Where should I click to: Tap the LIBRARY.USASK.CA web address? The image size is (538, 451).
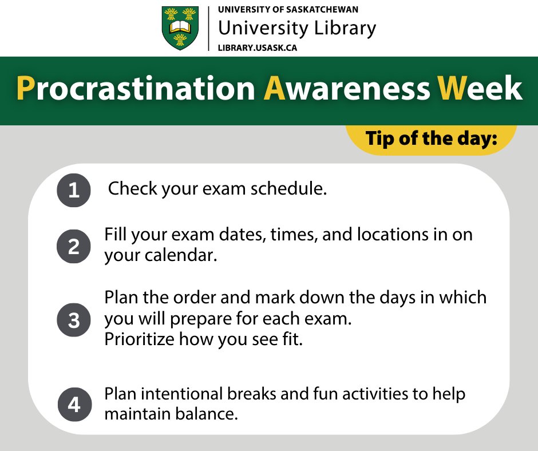[x=257, y=48]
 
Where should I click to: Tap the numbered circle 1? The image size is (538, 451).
[x=74, y=190]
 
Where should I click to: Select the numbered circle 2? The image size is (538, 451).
[x=74, y=246]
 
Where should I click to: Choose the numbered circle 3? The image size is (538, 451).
[x=74, y=321]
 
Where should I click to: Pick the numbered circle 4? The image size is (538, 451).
[x=74, y=405]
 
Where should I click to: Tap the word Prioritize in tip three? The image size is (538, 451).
[x=139, y=339]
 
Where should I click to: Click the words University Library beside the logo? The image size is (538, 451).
[x=297, y=28]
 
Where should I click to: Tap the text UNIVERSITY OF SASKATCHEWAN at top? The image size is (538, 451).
[x=288, y=10]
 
